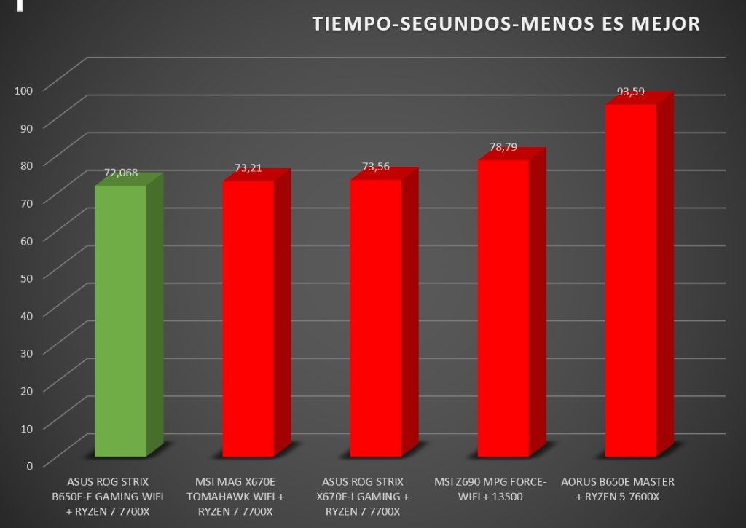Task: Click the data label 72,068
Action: [121, 173]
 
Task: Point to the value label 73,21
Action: [248, 168]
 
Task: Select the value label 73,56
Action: [376, 167]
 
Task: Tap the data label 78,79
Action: [503, 147]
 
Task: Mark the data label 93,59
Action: [631, 91]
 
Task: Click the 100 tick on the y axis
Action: [23, 90]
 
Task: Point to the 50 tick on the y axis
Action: [27, 278]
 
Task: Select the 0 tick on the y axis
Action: [29, 466]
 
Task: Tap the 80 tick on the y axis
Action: [27, 165]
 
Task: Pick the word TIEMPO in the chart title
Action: [352, 24]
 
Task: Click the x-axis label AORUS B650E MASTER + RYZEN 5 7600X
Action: [618, 489]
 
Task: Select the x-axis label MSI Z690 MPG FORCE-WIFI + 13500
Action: [490, 489]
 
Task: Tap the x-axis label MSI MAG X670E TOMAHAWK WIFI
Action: [235, 489]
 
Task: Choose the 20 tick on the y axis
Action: [27, 391]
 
